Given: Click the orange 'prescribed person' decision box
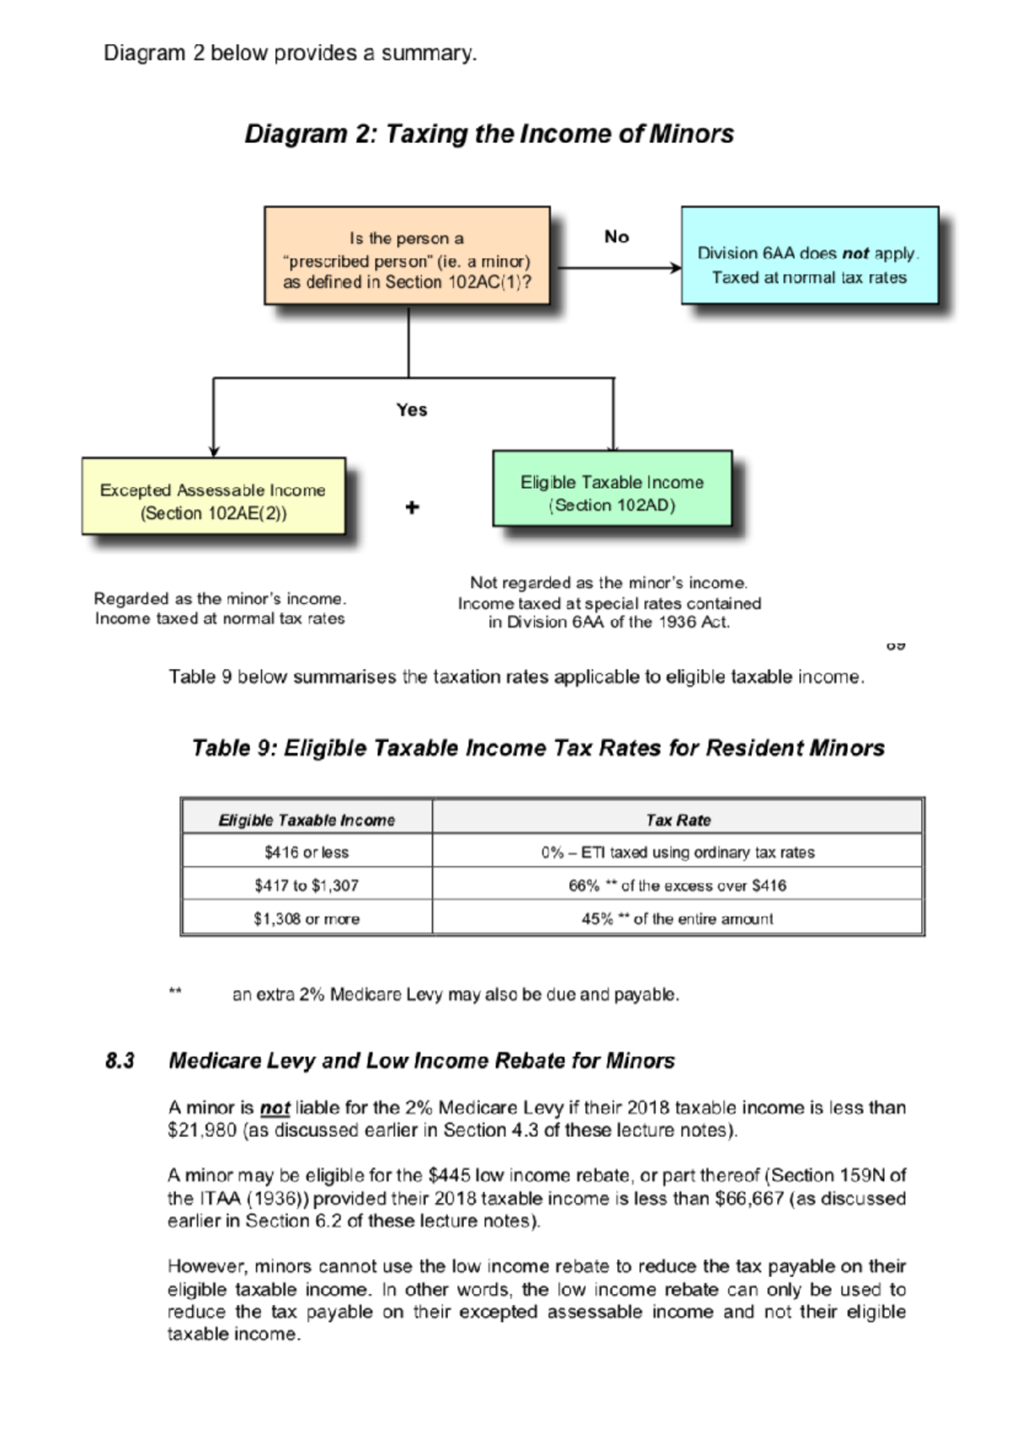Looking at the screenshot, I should pyautogui.click(x=407, y=256).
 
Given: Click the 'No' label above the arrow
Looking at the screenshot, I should pyautogui.click(x=616, y=237).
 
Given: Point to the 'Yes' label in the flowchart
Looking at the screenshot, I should pyautogui.click(x=411, y=410).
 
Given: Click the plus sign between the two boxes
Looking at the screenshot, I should pyautogui.click(x=412, y=507).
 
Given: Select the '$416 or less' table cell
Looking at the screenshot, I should pyautogui.click(x=306, y=852).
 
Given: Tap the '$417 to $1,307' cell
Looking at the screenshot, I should pyautogui.click(x=306, y=885).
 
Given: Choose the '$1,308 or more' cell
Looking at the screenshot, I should pyautogui.click(x=306, y=919).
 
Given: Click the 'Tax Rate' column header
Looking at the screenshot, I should pyautogui.click(x=677, y=820).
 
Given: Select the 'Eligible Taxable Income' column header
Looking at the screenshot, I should pyautogui.click(x=306, y=820).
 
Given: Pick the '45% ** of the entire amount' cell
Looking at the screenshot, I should pyautogui.click(x=677, y=919).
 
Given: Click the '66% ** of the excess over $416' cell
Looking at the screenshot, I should pyautogui.click(x=677, y=885).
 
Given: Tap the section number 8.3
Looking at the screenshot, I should pyautogui.click(x=119, y=1061).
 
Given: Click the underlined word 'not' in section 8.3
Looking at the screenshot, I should pyautogui.click(x=274, y=1108).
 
